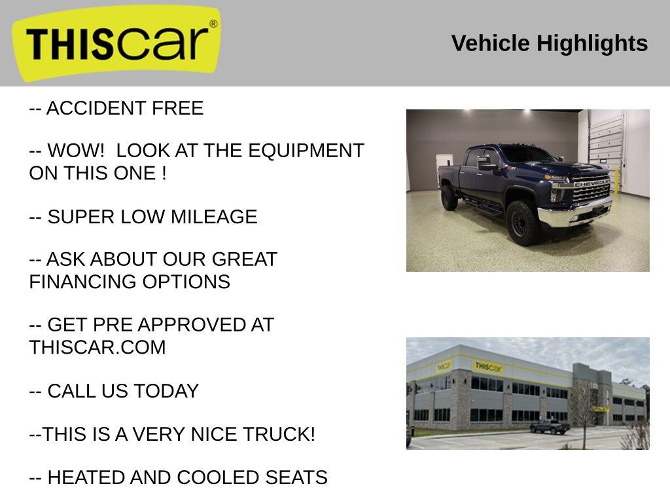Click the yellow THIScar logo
tap(116, 43)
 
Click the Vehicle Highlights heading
tap(550, 43)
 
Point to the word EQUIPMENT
tap(306, 151)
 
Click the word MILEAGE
tap(214, 217)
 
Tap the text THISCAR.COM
tap(97, 347)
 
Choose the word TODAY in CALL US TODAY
tap(167, 391)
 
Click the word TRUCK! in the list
tap(279, 434)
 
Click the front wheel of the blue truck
tap(522, 223)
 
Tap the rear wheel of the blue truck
tap(449, 197)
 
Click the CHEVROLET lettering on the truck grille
tap(592, 183)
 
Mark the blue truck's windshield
tap(529, 154)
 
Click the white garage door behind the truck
tap(605, 145)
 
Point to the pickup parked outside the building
tap(550, 426)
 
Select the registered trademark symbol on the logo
tap(213, 24)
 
